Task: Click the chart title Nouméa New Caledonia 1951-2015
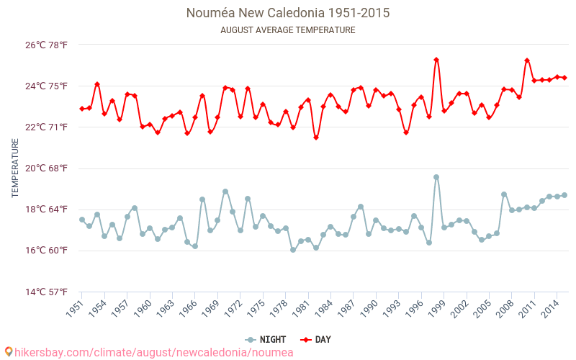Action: pyautogui.click(x=288, y=13)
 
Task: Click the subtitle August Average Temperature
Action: pyautogui.click(x=288, y=30)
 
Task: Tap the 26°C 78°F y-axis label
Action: pyautogui.click(x=47, y=45)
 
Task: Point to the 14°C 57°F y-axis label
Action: pyautogui.click(x=47, y=292)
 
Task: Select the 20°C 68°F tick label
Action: pyautogui.click(x=47, y=168)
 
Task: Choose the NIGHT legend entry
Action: pyautogui.click(x=265, y=340)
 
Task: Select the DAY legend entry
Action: pyautogui.click(x=313, y=340)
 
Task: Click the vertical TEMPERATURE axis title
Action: pyautogui.click(x=15, y=168)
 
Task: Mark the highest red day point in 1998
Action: pyautogui.click(x=436, y=60)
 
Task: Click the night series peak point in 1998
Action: pyautogui.click(x=436, y=177)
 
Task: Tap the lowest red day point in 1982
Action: pyautogui.click(x=316, y=138)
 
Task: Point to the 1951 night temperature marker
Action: pyautogui.click(x=82, y=220)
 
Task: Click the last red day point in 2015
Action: pyautogui.click(x=564, y=78)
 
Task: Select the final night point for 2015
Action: pyautogui.click(x=564, y=195)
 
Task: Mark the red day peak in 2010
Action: pyautogui.click(x=527, y=60)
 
